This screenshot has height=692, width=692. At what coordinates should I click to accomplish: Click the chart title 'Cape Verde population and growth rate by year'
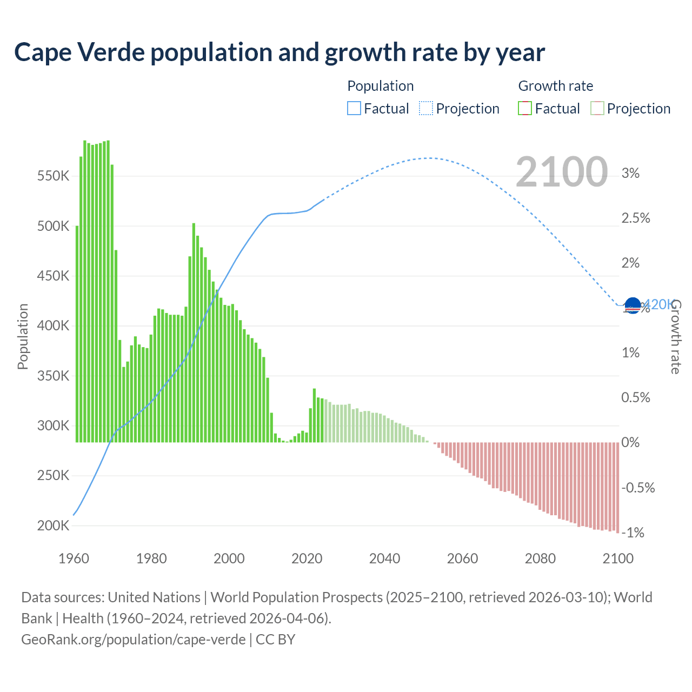[x=280, y=52]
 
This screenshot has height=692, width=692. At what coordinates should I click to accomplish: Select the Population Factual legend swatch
[x=354, y=109]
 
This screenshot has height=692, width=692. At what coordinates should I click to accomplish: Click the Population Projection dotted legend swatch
[x=425, y=109]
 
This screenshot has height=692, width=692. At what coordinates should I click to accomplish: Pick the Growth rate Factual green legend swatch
[x=524, y=109]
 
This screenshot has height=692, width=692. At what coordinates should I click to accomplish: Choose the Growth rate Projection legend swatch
[x=597, y=109]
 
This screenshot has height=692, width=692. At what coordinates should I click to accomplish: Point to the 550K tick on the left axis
[x=54, y=176]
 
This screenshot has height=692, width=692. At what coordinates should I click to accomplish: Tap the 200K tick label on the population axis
[x=54, y=525]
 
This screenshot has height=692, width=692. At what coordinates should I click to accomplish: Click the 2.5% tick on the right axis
[x=636, y=218]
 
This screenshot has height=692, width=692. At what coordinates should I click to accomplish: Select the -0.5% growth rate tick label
[x=638, y=488]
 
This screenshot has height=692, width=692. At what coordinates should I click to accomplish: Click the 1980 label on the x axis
[x=151, y=558]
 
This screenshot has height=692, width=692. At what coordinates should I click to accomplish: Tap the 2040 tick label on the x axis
[x=384, y=558]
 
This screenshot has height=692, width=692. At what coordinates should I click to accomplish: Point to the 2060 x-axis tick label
[x=462, y=558]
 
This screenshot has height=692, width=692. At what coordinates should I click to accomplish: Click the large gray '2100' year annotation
[x=562, y=172]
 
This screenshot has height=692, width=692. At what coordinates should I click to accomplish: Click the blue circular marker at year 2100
[x=633, y=305]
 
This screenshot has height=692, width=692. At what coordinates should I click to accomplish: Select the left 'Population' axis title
[x=23, y=336]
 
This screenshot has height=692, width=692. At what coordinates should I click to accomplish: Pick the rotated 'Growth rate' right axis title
[x=676, y=336]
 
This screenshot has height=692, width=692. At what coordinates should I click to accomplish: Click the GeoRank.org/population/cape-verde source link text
[x=133, y=640]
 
